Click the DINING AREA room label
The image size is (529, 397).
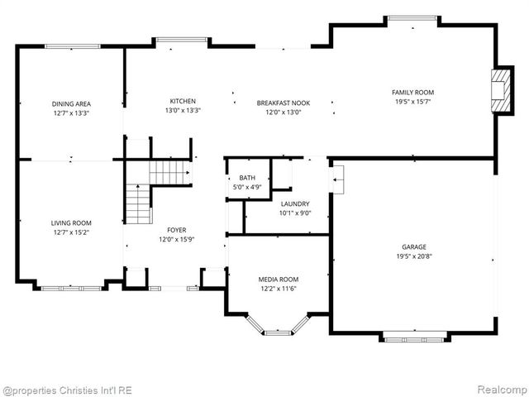coord(71,103)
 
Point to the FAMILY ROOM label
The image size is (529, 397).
coord(412,93)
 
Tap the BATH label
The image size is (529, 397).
coord(247,178)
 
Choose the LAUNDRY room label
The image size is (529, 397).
coord(295,203)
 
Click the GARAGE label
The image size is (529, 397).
coord(414,246)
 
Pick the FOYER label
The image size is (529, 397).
coord(176,230)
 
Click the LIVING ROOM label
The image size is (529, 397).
coord(71,222)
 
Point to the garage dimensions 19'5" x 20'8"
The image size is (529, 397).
coord(414,256)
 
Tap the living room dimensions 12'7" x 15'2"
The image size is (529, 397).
coord(71,232)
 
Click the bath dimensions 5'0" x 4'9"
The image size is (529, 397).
coord(247,187)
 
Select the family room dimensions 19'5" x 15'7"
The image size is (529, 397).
coord(412,102)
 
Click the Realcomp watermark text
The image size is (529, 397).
coord(498,390)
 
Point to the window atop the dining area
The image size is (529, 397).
coord(72,46)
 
